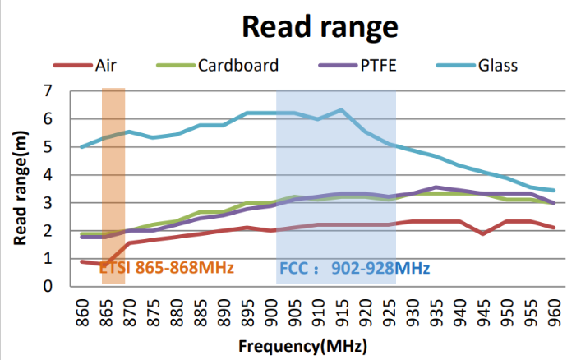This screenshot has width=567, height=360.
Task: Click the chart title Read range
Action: coord(320,26)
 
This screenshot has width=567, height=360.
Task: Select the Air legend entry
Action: coord(113,65)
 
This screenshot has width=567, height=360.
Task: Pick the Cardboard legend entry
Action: coord(237,65)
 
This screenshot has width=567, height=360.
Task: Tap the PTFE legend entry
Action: coord(376,65)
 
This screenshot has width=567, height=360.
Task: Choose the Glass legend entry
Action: coord(497,65)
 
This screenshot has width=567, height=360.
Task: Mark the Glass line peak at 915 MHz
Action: coord(342,109)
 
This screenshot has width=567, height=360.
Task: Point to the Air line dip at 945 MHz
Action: coord(483,233)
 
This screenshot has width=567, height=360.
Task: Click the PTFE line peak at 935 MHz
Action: coord(436,187)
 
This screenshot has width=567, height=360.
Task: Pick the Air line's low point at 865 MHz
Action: coord(106,264)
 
